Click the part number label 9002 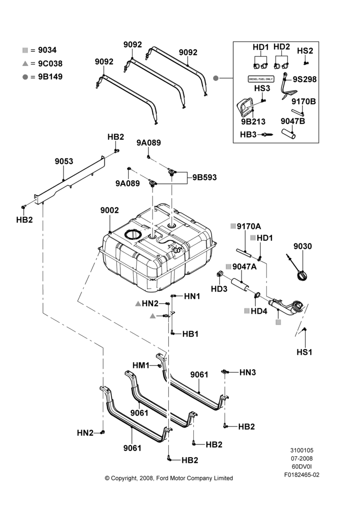coord(110,210)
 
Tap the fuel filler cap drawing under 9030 coord(302,275)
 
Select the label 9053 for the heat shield coord(64,161)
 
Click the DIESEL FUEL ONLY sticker coord(261,79)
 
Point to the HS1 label coord(305,352)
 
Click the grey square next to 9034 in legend coord(25,50)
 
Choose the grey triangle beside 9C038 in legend coord(25,63)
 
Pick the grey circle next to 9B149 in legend coord(25,77)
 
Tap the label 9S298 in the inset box coord(305,79)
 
